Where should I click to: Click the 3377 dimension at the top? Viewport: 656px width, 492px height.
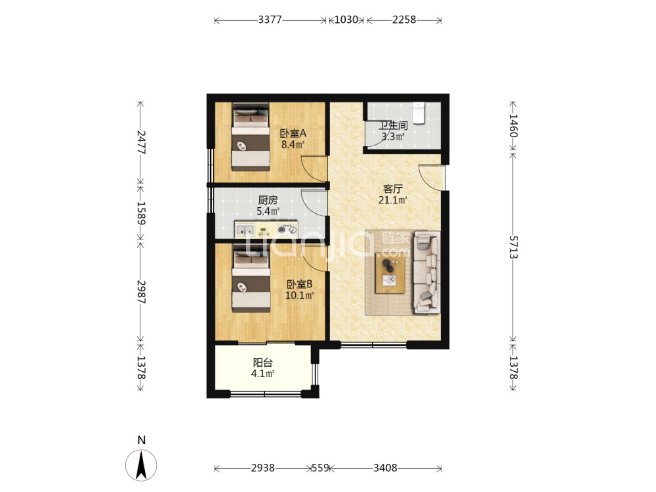[270, 20]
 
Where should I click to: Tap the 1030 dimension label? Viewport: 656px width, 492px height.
[346, 20]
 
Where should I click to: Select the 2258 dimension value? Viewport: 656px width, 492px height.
[404, 20]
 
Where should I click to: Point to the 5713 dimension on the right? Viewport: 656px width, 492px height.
[513, 247]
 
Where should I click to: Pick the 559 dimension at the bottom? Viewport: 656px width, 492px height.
[320, 468]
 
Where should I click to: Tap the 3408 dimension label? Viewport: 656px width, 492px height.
[385, 468]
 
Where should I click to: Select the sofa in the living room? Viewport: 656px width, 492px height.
[427, 272]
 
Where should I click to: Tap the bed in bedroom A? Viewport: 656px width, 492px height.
[251, 137]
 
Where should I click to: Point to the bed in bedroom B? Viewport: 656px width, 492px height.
[251, 278]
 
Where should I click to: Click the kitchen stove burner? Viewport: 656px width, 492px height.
[282, 229]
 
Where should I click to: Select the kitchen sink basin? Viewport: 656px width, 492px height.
[245, 230]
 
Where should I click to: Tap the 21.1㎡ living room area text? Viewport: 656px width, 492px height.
[392, 200]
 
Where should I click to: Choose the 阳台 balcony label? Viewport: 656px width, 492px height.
[263, 363]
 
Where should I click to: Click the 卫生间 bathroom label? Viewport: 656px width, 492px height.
[393, 125]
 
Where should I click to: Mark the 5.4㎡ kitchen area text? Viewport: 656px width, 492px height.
[268, 211]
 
